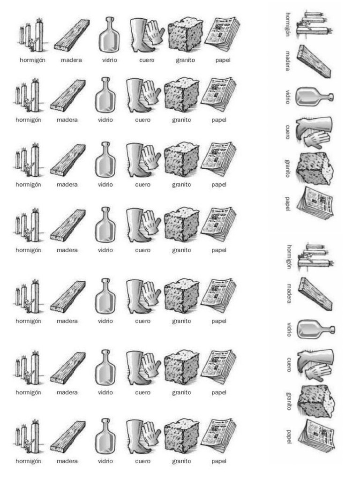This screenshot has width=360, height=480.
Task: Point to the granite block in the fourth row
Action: coord(181,225)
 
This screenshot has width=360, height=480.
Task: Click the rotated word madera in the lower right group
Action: coord(289,293)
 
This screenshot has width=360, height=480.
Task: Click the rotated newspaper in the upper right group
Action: coord(317,202)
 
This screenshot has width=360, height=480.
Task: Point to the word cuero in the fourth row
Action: coord(142,250)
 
